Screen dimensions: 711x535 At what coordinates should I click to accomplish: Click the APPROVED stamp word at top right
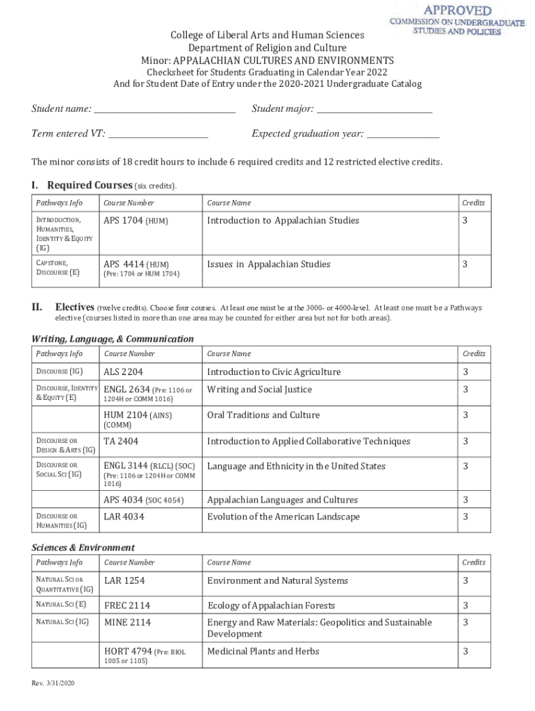coord(458,10)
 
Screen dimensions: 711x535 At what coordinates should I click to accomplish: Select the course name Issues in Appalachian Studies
coord(269,264)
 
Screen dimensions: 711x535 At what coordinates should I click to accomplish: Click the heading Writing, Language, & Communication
coord(113,339)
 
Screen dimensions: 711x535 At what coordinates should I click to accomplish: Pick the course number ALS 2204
coord(124,372)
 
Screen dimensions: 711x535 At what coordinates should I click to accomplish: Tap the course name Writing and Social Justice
coord(260,390)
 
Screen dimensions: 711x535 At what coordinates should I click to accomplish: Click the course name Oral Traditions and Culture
coord(263,415)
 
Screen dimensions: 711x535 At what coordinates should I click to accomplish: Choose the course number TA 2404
coord(121,442)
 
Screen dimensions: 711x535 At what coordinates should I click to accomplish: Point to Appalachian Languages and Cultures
coord(282,500)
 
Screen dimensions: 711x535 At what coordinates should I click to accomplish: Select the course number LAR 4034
coord(124,517)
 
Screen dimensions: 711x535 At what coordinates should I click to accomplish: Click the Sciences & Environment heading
coord(83,548)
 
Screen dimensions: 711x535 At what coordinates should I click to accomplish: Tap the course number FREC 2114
coord(127,605)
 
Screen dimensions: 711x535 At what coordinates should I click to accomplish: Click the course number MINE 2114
coord(127,623)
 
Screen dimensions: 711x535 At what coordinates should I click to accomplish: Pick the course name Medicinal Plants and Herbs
coord(263,651)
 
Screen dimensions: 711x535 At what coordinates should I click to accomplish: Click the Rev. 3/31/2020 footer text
coord(53,684)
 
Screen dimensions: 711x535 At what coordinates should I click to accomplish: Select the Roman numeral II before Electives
coord(38,307)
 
